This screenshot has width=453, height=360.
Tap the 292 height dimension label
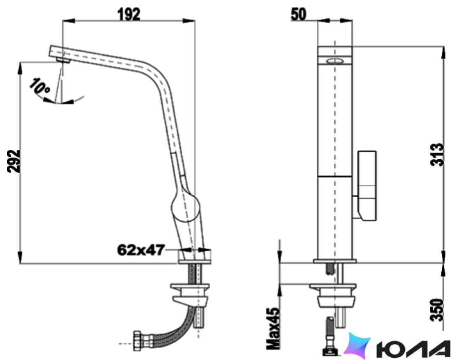click(x=14, y=161)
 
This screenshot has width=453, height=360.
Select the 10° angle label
click(x=40, y=86)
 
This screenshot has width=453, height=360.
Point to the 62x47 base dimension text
click(x=141, y=250)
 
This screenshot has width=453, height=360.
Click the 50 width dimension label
click(x=299, y=14)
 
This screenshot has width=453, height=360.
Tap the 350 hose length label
click(x=437, y=310)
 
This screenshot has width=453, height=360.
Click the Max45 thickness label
click(x=273, y=328)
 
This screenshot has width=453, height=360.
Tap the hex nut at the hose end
click(x=137, y=341)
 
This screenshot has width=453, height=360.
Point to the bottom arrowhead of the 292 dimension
click(x=20, y=257)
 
